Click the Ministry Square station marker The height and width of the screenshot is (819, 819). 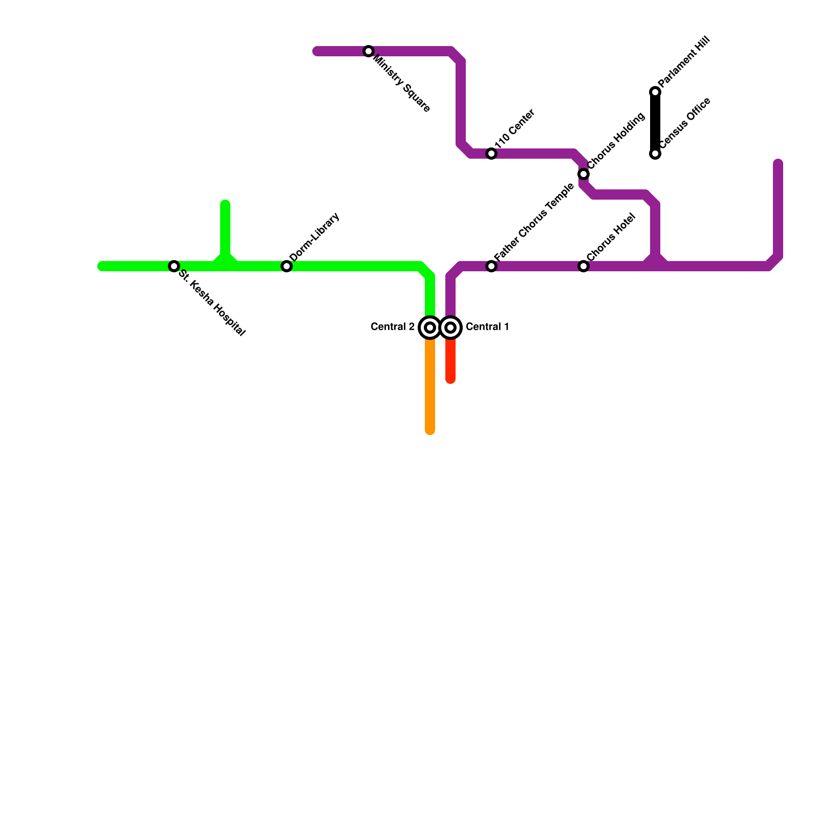point(369,51)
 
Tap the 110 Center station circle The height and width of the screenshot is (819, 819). point(491,154)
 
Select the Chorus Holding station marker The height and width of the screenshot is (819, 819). point(584,174)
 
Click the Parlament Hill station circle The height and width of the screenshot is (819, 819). point(655,92)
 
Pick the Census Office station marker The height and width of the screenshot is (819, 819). point(655,154)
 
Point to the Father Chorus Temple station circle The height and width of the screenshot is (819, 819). point(491,266)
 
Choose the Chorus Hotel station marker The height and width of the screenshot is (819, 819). point(584,266)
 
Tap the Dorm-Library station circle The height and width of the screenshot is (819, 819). point(287,266)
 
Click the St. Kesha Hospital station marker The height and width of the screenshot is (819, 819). point(174,266)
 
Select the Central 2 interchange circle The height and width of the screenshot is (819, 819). point(430,328)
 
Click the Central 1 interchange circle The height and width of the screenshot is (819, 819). point(450,328)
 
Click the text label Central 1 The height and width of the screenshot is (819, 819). point(487,327)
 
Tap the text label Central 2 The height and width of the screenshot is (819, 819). point(393,327)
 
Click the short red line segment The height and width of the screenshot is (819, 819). point(450,361)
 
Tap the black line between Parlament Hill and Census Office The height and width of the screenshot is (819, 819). point(655,123)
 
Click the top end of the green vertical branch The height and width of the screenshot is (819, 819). point(225,205)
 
